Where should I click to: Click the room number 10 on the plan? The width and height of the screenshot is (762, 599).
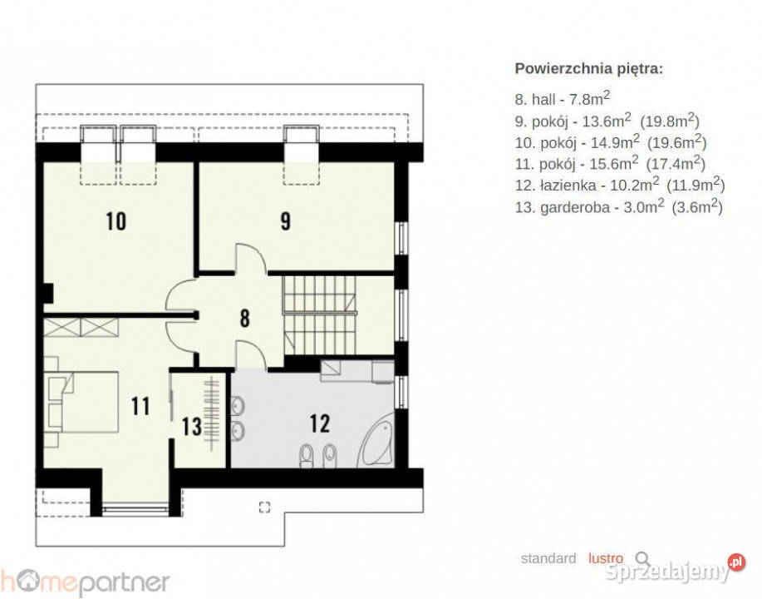click(x=116, y=221)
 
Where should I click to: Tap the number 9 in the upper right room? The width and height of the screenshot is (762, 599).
click(x=285, y=221)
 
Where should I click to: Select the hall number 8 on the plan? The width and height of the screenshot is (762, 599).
click(x=244, y=319)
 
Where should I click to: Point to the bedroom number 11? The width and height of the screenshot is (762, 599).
click(x=140, y=406)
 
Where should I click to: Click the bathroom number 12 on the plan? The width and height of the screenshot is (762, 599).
click(x=320, y=423)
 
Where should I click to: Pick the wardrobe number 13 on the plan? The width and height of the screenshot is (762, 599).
click(x=192, y=427)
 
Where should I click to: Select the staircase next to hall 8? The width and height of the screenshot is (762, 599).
click(x=320, y=314)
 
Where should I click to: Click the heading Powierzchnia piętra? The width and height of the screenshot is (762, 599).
click(x=589, y=69)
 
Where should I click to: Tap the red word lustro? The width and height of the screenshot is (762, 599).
click(x=606, y=559)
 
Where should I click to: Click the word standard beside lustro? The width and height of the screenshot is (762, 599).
click(x=548, y=559)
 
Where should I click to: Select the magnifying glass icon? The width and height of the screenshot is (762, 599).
click(x=643, y=559)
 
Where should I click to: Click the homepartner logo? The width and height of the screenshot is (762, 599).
click(x=85, y=581)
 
